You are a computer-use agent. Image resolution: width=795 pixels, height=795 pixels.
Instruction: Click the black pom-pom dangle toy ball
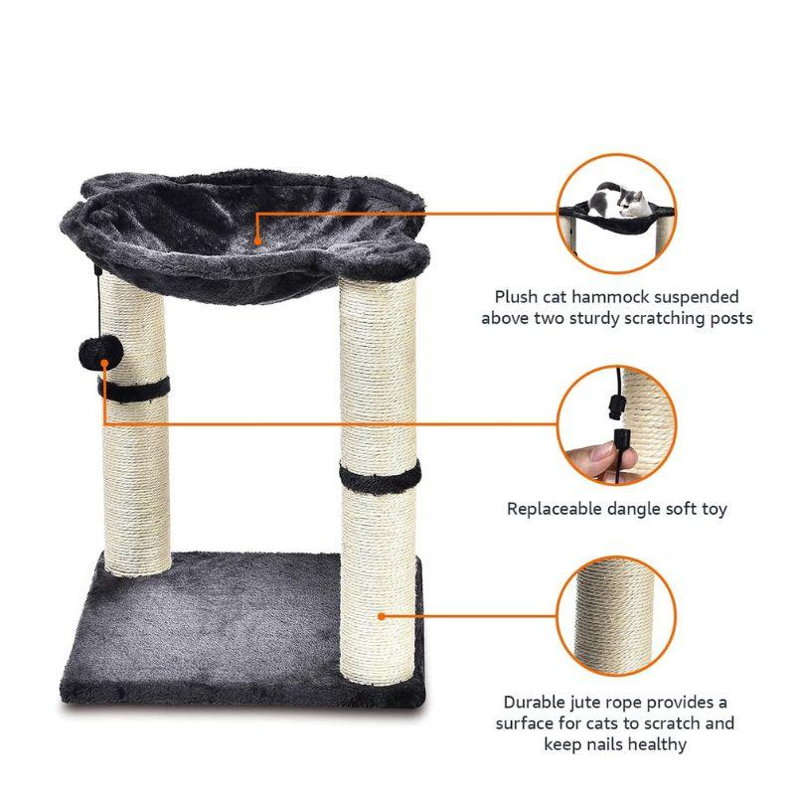coord(101,353)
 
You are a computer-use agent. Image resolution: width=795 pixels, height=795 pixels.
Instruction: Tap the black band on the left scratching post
coord(134,390)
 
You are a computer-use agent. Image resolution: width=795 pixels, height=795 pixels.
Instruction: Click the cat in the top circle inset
coord(619,200)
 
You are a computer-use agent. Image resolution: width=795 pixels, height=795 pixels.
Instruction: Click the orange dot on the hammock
coord(257,241)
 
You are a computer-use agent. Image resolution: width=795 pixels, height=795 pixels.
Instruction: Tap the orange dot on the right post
coord(382,616)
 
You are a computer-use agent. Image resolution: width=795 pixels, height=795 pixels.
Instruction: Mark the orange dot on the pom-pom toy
coord(104,363)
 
